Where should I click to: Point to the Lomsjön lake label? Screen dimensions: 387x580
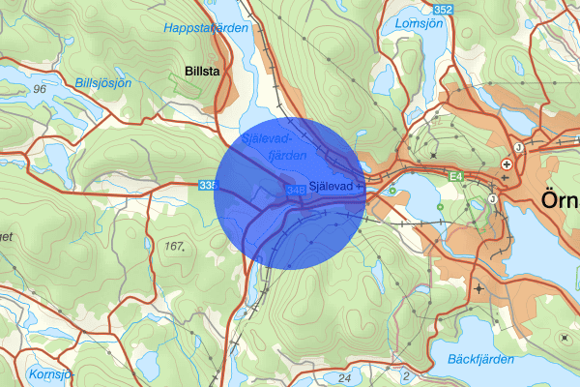pos(418,22)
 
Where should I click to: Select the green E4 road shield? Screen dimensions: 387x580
pos(456,176)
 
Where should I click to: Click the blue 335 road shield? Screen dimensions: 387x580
pos(208,185)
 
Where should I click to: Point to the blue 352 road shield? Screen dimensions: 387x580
pos(470,10)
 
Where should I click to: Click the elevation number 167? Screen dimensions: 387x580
pos(174,246)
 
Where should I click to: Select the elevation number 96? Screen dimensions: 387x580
pos(39,89)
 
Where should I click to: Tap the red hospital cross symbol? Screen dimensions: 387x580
pos(507,164)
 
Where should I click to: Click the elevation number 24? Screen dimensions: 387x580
pos(345,376)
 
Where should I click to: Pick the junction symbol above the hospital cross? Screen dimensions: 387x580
pos(518,147)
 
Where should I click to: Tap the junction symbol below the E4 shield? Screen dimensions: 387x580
pos(492,199)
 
